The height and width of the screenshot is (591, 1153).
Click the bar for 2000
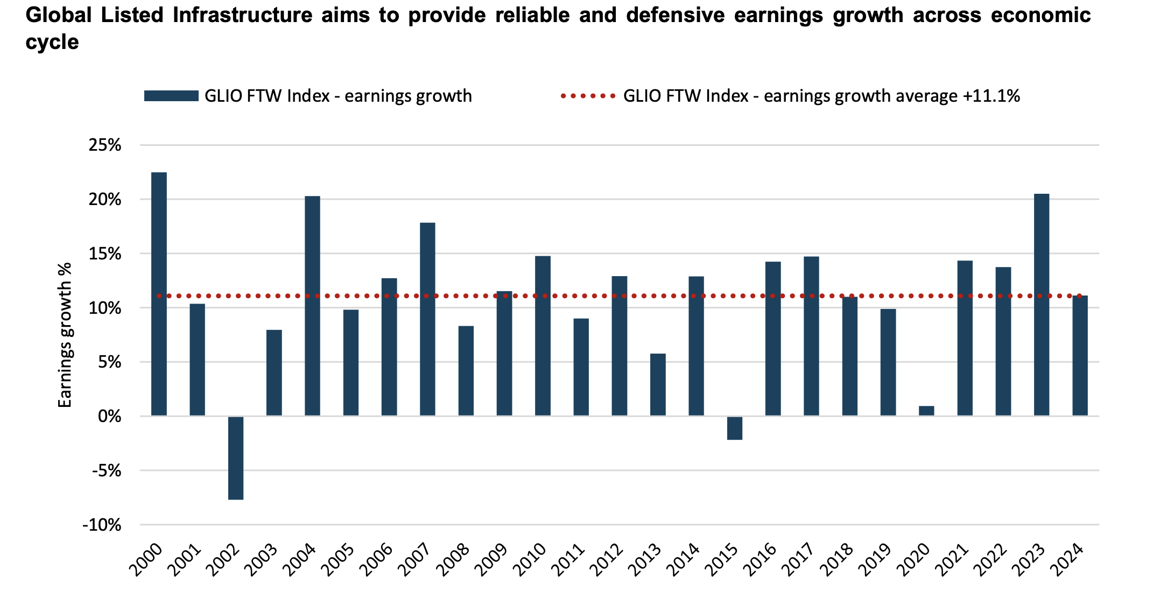[x=159, y=294]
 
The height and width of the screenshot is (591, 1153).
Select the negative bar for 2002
[x=236, y=458]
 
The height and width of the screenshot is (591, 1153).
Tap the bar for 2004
[x=312, y=306]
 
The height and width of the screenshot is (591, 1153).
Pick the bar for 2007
[x=427, y=319]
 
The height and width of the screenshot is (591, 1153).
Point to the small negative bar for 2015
[x=735, y=428]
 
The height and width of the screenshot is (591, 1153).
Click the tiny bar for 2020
[x=926, y=411]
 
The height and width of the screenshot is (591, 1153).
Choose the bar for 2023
[x=1042, y=305]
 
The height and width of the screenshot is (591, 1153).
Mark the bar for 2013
[x=658, y=384]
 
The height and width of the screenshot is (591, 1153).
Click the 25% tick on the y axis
[x=106, y=145]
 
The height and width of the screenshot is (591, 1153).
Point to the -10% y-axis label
[x=102, y=525]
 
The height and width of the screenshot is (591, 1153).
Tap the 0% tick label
[x=109, y=417]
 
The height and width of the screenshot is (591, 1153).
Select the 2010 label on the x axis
[x=531, y=560]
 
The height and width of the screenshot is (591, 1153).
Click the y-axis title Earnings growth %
[x=65, y=335]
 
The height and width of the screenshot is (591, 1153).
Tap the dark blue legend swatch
[x=171, y=96]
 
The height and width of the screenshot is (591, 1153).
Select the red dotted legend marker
[x=588, y=96]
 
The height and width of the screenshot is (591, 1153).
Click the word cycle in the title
[x=52, y=42]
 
